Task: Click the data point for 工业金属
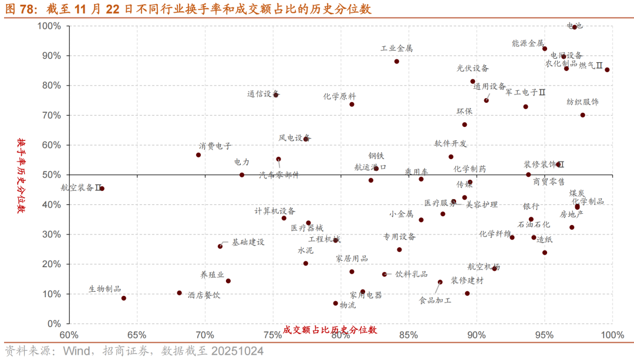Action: pos(397,62)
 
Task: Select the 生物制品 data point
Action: pos(124,298)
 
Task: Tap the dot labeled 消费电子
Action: pos(198,155)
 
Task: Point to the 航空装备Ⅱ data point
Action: pos(102,189)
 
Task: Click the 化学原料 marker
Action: pos(352,105)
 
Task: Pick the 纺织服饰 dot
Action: pos(582,115)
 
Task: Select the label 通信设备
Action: pos(262,93)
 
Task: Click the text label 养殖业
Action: pos(212,274)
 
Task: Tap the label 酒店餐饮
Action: pos(204,295)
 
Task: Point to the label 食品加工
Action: pos(435,301)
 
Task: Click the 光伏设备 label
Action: pos(473,68)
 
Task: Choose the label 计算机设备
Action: pos(275,211)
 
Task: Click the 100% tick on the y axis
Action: pos(48,26)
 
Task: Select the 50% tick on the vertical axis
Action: pos(50,175)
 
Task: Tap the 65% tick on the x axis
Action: pos(137,335)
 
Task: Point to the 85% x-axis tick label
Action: pos(409,335)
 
